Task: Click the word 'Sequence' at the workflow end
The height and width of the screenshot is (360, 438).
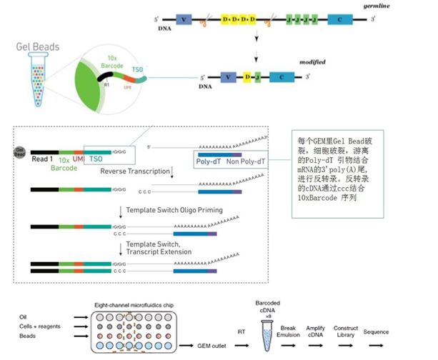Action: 376,332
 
